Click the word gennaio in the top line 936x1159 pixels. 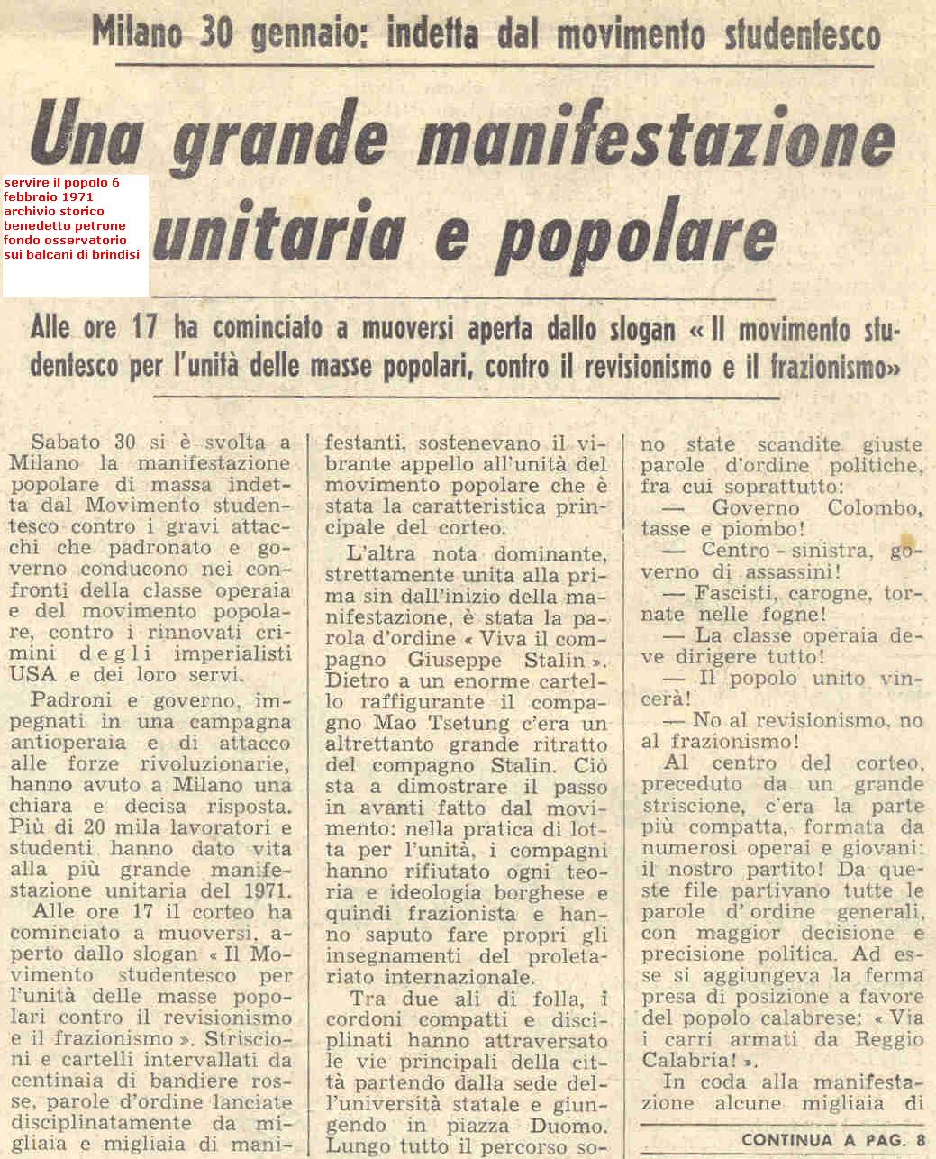(x=304, y=35)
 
